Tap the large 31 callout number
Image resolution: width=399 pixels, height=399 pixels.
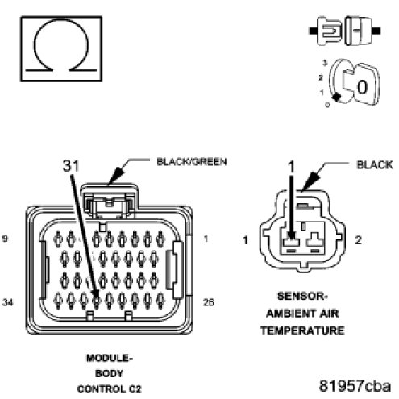point(71,165)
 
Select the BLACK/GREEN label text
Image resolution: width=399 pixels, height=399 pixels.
point(192,162)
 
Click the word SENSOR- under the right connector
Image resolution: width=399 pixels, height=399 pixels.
point(302,297)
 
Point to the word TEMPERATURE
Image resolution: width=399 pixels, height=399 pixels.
point(302,330)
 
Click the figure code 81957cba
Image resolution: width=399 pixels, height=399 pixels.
point(355,386)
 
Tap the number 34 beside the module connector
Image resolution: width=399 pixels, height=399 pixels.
point(7,302)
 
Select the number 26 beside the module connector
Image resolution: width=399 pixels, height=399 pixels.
point(209,302)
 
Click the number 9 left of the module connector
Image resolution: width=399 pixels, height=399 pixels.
point(5,239)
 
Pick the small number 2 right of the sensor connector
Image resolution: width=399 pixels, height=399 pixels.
point(358,240)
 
